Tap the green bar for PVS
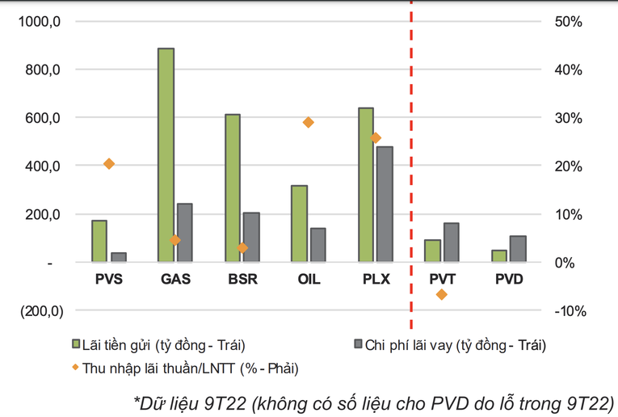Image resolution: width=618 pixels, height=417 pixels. [99, 241]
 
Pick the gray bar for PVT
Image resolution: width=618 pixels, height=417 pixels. [451, 242]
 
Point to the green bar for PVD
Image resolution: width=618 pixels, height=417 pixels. [498, 255]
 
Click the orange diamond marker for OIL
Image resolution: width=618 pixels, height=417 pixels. [308, 122]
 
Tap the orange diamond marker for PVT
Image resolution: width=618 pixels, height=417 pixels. [441, 294]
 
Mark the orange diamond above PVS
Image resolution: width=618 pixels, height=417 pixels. [109, 164]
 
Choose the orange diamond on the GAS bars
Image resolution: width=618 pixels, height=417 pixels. [175, 240]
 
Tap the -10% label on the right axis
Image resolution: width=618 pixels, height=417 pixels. [568, 311]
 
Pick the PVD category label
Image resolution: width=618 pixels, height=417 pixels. [508, 280]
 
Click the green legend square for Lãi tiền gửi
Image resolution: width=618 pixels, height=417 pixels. [76, 343]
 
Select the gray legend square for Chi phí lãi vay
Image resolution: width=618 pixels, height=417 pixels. [356, 343]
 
